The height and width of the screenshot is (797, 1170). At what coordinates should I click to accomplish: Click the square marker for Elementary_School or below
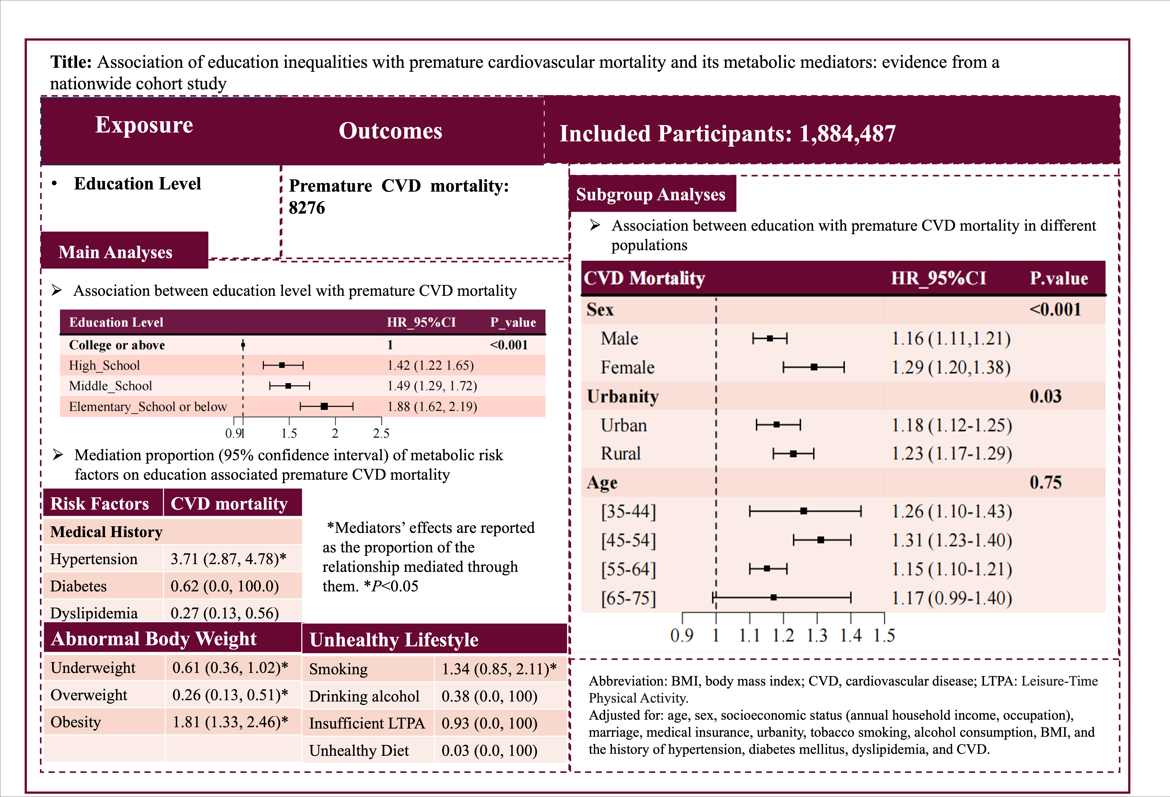click(324, 406)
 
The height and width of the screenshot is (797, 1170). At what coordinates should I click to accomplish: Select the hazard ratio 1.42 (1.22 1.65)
click(431, 366)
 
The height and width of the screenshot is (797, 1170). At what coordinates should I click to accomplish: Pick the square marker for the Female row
click(814, 368)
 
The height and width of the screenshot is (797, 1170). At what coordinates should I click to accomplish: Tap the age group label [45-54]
click(628, 540)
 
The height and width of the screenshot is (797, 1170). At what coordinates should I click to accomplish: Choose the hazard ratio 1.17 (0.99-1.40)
click(952, 598)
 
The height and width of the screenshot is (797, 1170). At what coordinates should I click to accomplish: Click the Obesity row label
click(76, 722)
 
